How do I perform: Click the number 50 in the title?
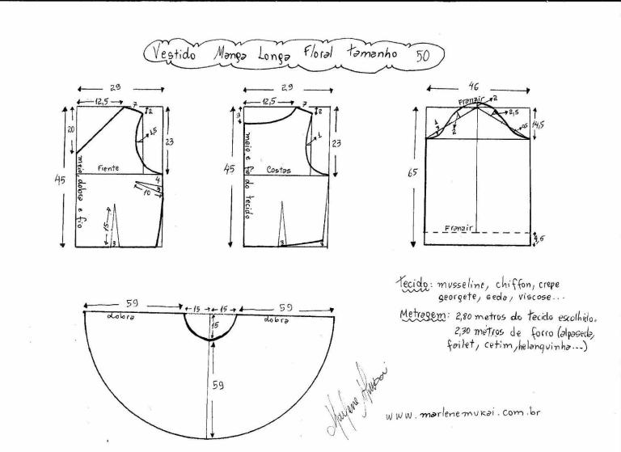[x=423, y=55]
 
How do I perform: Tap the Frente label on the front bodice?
[x=109, y=168]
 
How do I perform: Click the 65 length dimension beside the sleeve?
[x=413, y=173]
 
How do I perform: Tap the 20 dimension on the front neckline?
[x=71, y=129]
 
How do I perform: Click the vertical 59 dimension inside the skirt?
[x=218, y=386]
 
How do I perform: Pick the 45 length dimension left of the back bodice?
[x=229, y=170]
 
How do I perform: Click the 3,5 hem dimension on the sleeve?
[x=539, y=238]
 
